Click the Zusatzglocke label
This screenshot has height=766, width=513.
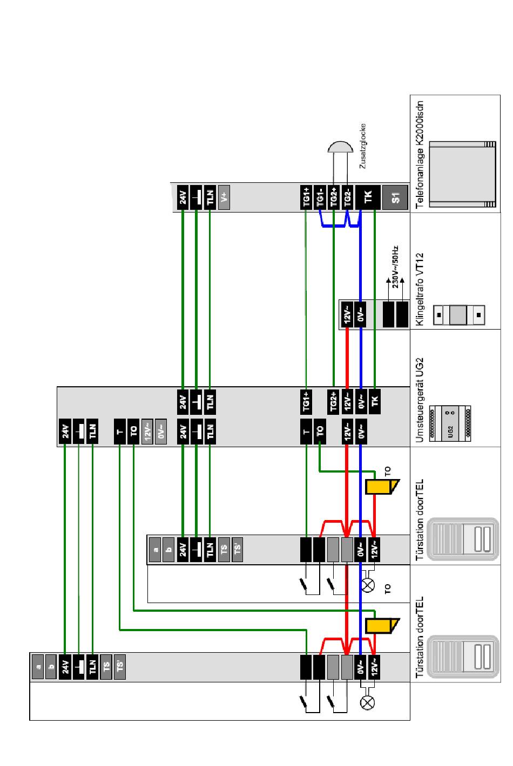click(363, 147)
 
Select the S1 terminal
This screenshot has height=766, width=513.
click(396, 197)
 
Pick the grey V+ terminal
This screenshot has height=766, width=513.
click(224, 197)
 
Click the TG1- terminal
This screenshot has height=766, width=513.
click(320, 197)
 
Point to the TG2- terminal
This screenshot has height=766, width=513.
click(348, 197)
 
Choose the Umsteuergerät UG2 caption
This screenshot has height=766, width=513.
click(421, 400)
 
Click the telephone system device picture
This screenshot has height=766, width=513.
click(462, 174)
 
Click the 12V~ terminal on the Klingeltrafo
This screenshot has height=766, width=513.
click(347, 313)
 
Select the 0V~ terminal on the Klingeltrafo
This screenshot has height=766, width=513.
click(361, 313)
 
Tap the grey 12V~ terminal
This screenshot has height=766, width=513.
click(148, 432)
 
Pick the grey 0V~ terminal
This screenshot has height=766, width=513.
click(161, 432)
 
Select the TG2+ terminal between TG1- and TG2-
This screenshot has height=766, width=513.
click(334, 197)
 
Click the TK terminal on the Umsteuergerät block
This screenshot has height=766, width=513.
click(375, 401)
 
